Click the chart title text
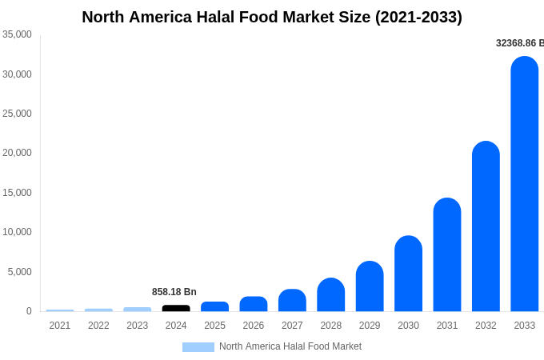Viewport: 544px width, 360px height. point(272,17)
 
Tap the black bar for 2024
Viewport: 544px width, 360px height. point(176,308)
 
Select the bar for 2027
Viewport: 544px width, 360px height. point(292,300)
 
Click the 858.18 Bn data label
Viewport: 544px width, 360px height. point(174,292)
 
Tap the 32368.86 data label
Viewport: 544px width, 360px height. point(519,43)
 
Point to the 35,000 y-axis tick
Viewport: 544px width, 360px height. point(17,34)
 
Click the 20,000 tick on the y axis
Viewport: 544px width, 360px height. point(17,153)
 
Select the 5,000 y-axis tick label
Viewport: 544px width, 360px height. point(19,272)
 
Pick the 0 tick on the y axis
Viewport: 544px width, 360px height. point(29,311)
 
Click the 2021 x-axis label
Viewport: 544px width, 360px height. point(60,326)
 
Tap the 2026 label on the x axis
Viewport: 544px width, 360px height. point(254,326)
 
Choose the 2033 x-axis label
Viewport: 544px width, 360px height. point(525,326)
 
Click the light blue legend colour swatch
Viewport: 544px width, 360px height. point(198,347)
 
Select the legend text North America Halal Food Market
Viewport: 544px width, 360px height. point(290,346)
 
